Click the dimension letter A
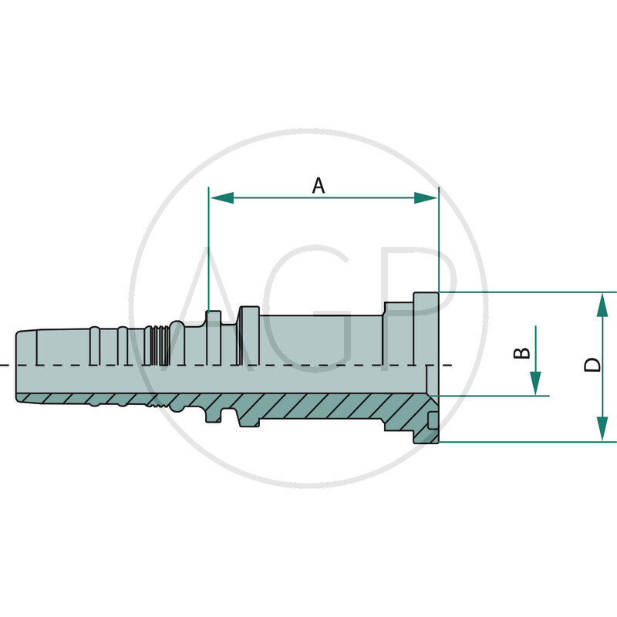click(x=319, y=186)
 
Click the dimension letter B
click(x=522, y=353)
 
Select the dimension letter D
click(x=592, y=365)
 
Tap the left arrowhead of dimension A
click(x=222, y=198)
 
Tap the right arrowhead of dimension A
click(x=426, y=198)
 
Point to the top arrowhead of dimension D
click(x=602, y=305)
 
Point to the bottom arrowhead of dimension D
click(x=602, y=430)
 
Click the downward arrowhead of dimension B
click(x=535, y=383)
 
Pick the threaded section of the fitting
click(x=160, y=346)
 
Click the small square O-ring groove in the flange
click(x=433, y=420)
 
